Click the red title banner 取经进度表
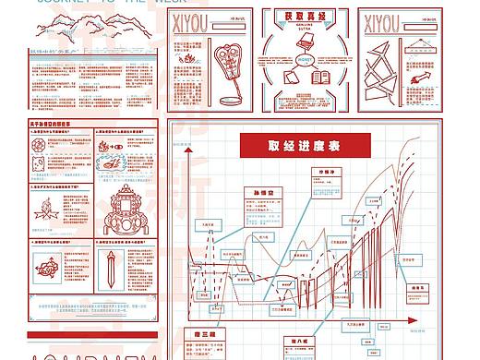click(x=305, y=146)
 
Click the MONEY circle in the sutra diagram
click(x=305, y=59)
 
